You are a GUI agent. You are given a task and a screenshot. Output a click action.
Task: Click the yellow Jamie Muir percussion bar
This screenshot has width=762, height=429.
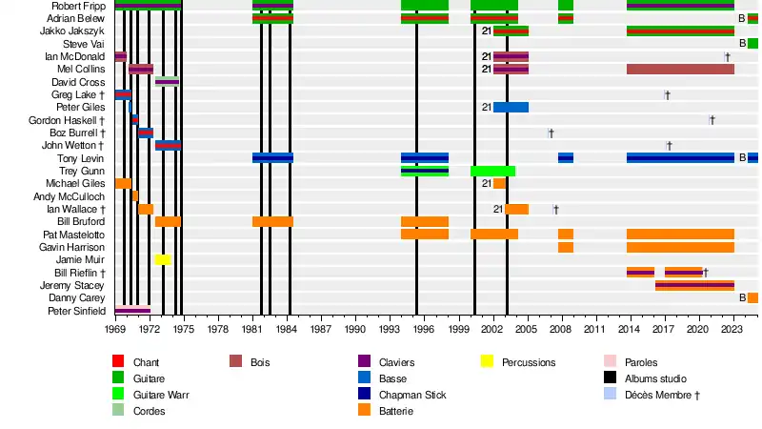pyautogui.click(x=163, y=259)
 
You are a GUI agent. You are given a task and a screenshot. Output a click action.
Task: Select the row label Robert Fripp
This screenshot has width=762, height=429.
pyautogui.click(x=79, y=6)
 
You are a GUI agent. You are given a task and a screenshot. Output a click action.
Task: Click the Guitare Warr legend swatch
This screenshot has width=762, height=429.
pyautogui.click(x=118, y=395)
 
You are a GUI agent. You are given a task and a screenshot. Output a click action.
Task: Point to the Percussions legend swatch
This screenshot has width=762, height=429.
pyautogui.click(x=487, y=362)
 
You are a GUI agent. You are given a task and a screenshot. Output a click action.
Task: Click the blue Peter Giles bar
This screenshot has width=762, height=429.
pyautogui.click(x=511, y=107)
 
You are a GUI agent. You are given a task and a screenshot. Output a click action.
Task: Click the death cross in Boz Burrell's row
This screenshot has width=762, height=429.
pyautogui.click(x=551, y=133)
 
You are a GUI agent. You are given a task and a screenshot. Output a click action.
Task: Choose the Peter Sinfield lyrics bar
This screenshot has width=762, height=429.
pyautogui.click(x=132, y=310)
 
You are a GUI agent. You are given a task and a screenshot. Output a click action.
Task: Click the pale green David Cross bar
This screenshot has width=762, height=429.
pyautogui.click(x=167, y=82)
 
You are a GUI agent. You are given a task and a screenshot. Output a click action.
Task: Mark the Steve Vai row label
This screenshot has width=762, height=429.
pyautogui.click(x=84, y=44)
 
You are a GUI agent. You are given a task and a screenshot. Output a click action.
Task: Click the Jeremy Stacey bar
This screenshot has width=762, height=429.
pyautogui.click(x=694, y=285)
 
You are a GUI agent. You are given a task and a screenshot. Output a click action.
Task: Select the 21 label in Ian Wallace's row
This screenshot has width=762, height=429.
pyautogui.click(x=498, y=209)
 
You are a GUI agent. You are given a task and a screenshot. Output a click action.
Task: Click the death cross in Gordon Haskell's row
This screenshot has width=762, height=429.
pyautogui.click(x=712, y=120)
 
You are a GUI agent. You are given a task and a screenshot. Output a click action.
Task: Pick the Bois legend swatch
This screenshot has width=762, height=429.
pyautogui.click(x=236, y=362)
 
